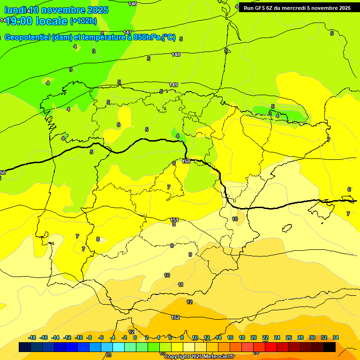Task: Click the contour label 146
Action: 133,4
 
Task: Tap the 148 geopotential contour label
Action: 176,54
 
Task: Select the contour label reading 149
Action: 173,85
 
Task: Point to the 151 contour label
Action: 174,219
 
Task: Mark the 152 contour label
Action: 175,317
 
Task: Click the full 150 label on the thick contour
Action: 186,161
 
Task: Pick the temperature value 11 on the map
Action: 180,285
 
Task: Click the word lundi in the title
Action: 15,10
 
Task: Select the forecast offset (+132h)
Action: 83,21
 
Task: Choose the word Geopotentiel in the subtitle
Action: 27,37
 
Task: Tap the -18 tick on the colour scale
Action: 32,337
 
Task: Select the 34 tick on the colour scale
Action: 335,337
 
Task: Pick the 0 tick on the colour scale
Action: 135,337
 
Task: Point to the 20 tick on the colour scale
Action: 254,337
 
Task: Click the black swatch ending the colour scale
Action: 330,347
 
